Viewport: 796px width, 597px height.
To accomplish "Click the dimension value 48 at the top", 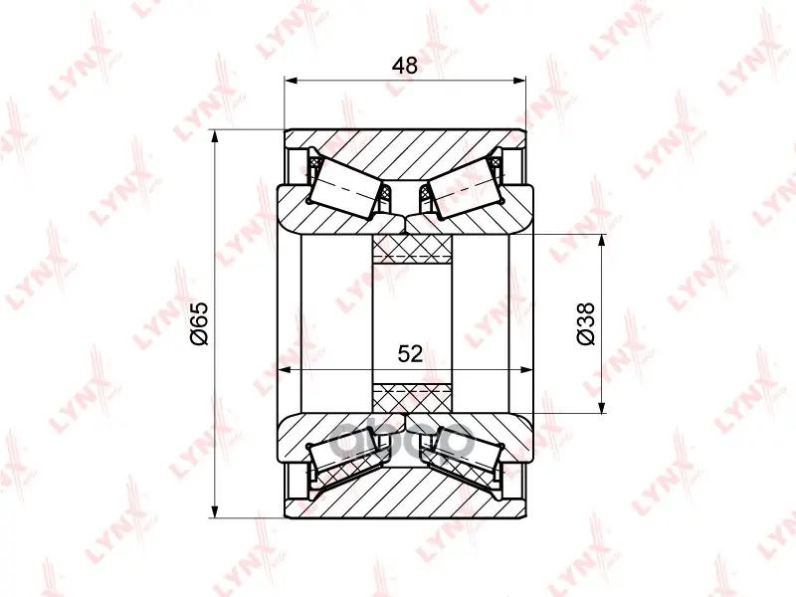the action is (x=405, y=66).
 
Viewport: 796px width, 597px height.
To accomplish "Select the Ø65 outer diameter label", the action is (x=199, y=323).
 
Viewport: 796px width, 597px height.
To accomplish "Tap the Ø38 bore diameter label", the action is (x=585, y=323).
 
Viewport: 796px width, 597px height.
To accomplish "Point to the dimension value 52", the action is (x=410, y=354).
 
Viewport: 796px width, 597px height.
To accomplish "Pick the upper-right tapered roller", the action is (x=463, y=188).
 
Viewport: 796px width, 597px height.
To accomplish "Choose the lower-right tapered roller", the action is (x=466, y=455).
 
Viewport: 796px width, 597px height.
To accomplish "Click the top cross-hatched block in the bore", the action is (x=412, y=250).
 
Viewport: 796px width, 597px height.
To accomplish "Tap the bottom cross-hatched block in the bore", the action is (x=412, y=398).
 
